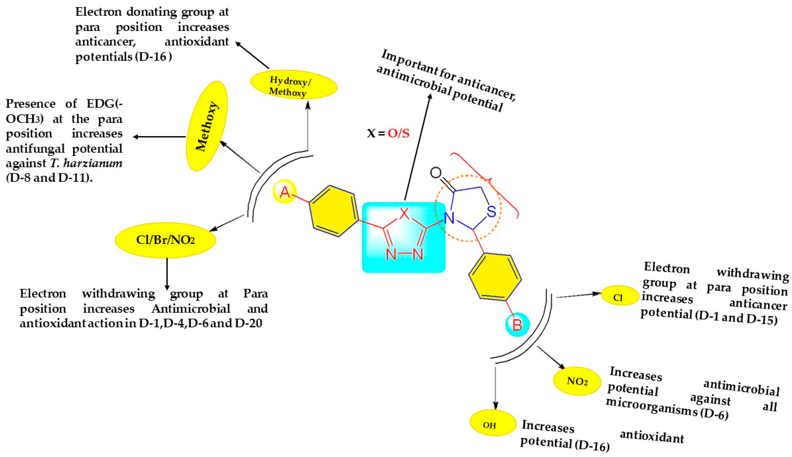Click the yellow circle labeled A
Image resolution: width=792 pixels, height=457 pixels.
point(285,192)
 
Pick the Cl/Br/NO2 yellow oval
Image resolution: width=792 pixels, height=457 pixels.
point(165,240)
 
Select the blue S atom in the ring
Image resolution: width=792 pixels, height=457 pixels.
point(491,212)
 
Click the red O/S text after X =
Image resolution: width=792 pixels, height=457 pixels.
point(398,133)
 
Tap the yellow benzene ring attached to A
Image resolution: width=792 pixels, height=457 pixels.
point(334,211)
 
